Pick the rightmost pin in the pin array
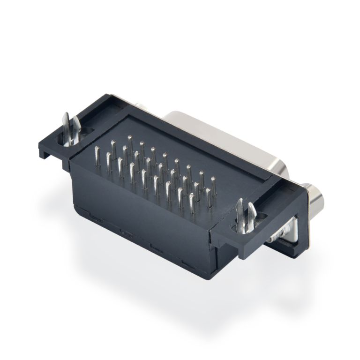click(x=213, y=187)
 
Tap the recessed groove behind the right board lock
click(x=270, y=206)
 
